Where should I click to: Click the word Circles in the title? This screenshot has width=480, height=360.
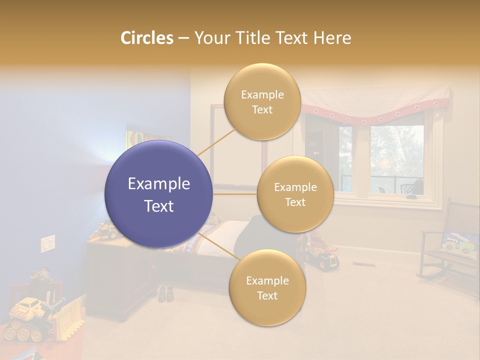146,38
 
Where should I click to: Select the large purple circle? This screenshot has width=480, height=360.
158,194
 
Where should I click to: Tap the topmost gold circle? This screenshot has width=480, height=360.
262,101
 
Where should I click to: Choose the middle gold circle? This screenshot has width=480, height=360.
295,194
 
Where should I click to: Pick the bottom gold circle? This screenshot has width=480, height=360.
266,287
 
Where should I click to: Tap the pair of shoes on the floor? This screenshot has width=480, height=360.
166,293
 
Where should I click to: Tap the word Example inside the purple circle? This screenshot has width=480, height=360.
158,184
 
